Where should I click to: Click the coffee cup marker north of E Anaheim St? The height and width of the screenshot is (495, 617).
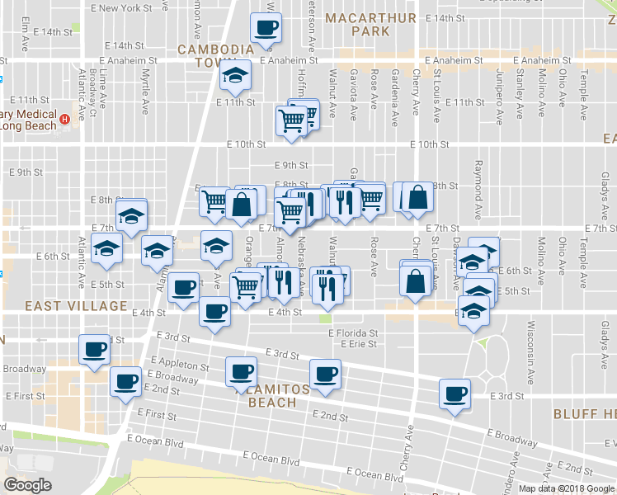266,28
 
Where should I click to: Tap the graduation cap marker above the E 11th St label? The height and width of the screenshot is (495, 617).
237,78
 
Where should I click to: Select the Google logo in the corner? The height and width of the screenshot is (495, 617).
28,485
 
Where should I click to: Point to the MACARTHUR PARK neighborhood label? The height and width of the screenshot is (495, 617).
357,25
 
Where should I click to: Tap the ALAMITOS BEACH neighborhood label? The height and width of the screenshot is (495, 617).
272,395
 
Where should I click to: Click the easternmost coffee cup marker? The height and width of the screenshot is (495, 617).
455,394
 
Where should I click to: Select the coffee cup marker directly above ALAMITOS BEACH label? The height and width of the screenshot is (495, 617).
242,370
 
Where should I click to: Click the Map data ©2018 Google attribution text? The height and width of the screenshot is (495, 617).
567,488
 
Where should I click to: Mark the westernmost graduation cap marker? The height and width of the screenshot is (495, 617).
106,248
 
